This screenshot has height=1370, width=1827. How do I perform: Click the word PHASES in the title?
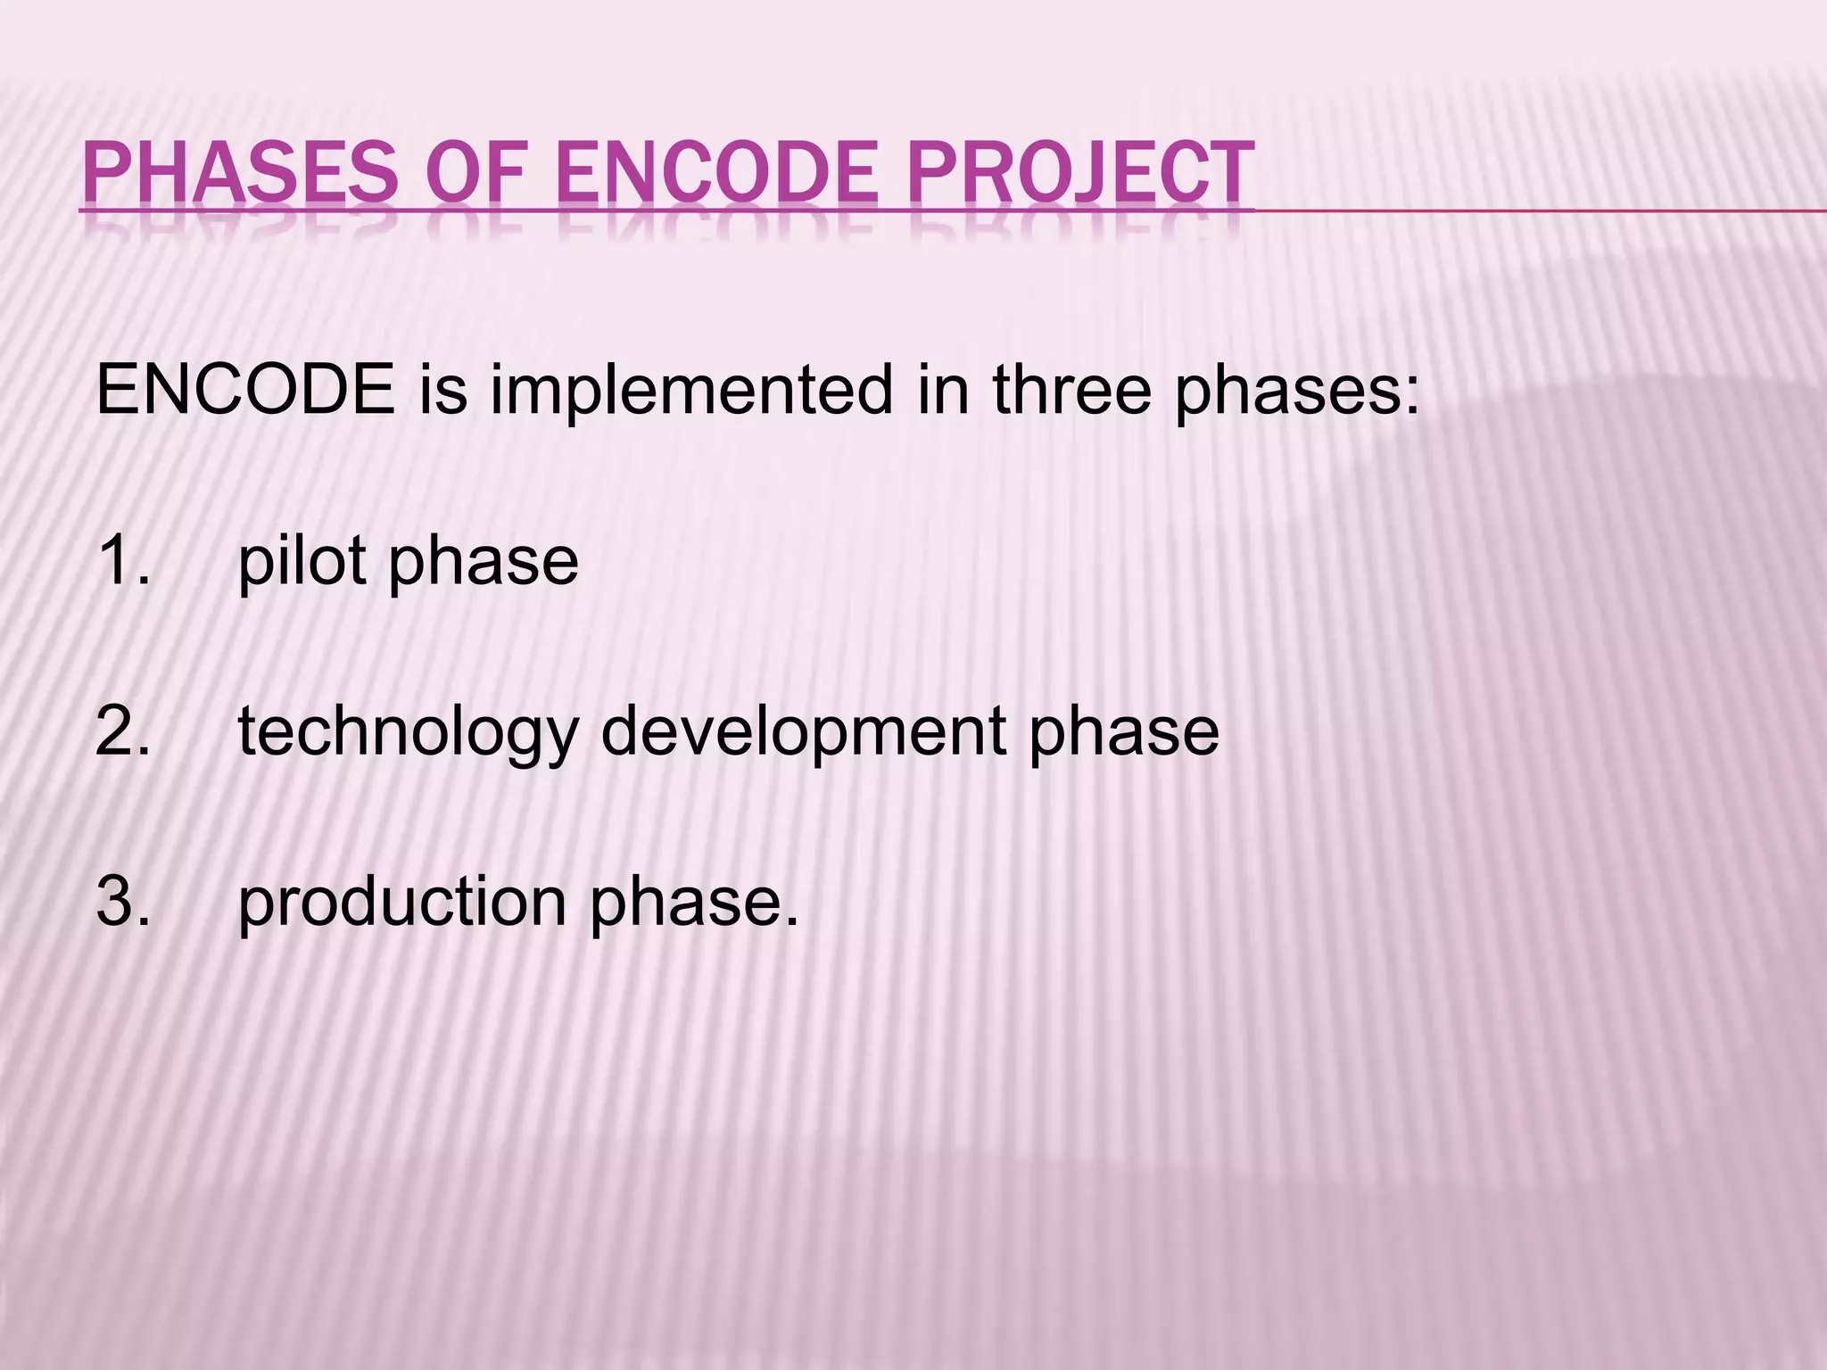coord(239,173)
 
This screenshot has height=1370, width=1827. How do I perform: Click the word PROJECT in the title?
coord(1080,173)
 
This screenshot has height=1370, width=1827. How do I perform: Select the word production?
coord(402,903)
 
